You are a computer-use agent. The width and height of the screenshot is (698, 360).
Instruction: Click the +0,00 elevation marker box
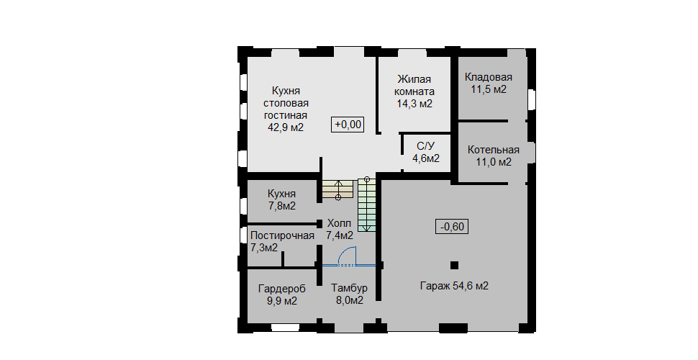click(348, 124)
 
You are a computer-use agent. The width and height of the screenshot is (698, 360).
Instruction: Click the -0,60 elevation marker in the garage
click(452, 227)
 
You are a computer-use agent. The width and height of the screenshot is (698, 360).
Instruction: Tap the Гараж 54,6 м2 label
click(454, 286)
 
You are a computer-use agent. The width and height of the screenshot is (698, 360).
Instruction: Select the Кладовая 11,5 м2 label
click(489, 84)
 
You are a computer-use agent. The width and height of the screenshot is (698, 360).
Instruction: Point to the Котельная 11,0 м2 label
click(493, 156)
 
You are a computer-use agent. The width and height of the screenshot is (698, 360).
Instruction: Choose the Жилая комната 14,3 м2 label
click(415, 91)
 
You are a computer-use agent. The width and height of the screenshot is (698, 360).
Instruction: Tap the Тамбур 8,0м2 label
click(350, 294)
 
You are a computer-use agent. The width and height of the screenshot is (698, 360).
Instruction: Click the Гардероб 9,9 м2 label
click(282, 295)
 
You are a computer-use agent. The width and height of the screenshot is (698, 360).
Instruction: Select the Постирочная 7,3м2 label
click(282, 241)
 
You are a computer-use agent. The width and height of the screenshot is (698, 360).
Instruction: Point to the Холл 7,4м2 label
click(340, 229)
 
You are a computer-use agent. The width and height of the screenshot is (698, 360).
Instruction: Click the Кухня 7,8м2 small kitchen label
click(282, 200)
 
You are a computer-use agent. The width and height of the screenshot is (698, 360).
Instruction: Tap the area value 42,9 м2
click(286, 127)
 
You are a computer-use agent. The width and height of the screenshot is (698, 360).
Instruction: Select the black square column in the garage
click(454, 265)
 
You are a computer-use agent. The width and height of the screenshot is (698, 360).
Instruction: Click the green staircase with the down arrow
click(366, 205)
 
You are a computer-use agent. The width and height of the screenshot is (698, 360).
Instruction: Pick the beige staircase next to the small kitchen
click(338, 189)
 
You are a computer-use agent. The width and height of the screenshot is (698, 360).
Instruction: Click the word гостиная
click(286, 115)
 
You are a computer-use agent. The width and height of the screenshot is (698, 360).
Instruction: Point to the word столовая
click(286, 104)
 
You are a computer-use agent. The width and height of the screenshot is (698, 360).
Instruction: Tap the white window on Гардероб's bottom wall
click(286, 328)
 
